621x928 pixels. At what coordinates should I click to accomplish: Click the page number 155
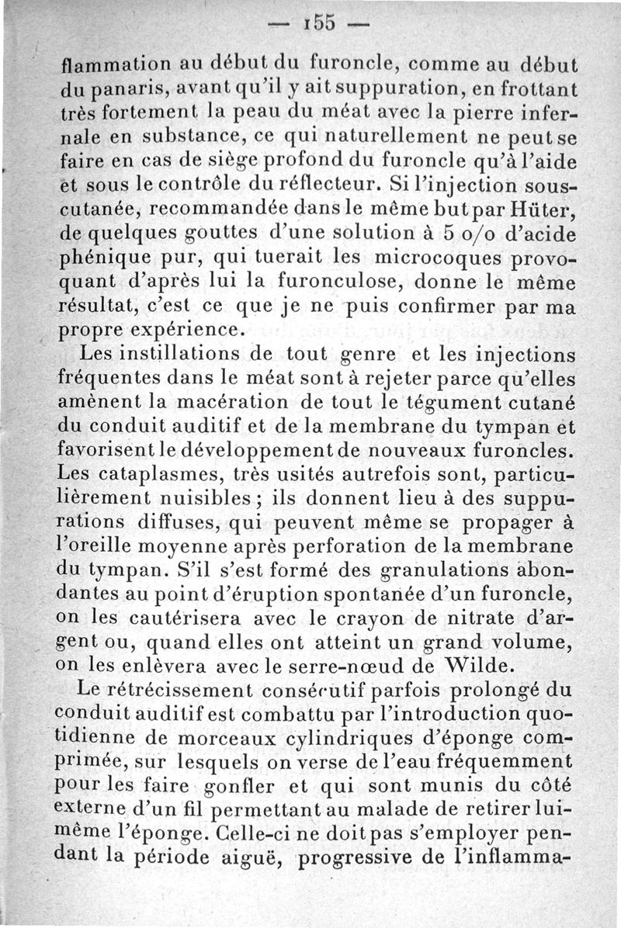coord(314,23)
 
